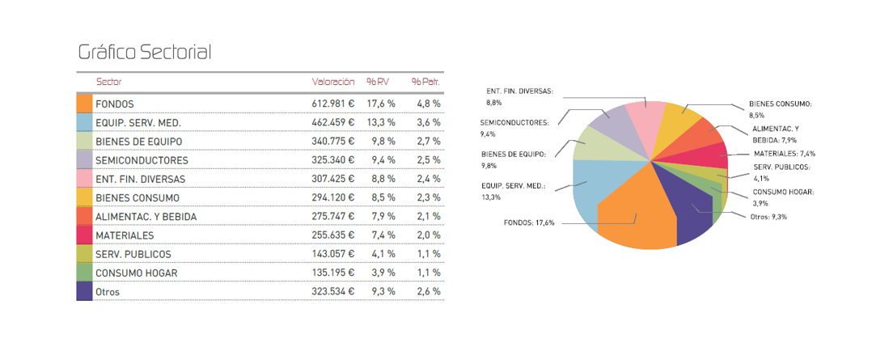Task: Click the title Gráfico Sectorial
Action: [x=144, y=53]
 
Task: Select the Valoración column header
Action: [x=333, y=82]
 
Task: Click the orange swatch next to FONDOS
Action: [x=84, y=104]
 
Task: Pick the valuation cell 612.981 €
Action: [x=333, y=104]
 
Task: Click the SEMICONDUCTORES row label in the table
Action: [x=142, y=160]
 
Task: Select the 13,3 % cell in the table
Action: [x=380, y=123]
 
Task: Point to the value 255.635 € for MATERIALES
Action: [x=333, y=235]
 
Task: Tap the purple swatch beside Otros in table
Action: [x=84, y=291]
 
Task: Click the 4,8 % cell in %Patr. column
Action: [x=428, y=104]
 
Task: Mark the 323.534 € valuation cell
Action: [x=333, y=291]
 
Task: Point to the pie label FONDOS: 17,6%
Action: [x=529, y=222]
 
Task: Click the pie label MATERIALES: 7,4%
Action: [x=784, y=153]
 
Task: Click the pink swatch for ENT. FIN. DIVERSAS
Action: [x=84, y=179]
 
